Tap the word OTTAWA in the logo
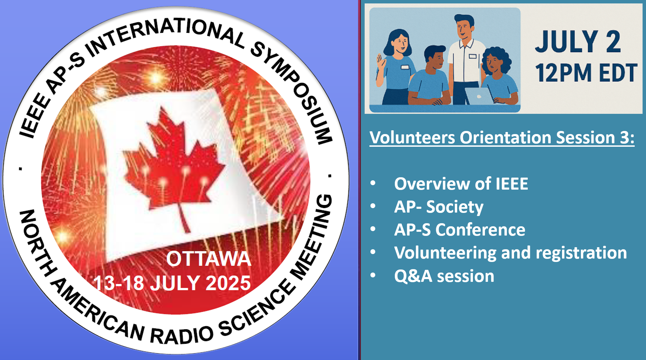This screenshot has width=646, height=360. (209, 259)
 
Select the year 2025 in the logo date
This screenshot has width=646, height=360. (228, 283)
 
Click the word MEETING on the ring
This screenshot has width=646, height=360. (310, 237)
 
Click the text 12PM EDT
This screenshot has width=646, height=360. (586, 73)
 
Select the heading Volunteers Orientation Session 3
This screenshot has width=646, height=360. (502, 138)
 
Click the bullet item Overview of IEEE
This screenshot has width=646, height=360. (461, 184)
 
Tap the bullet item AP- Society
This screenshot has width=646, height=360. (439, 207)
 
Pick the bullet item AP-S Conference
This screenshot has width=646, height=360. (460, 230)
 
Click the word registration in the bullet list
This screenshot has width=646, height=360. (581, 253)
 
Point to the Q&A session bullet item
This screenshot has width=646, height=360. (444, 276)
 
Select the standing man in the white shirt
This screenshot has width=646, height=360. (465, 58)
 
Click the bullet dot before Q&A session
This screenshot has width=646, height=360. (373, 275)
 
